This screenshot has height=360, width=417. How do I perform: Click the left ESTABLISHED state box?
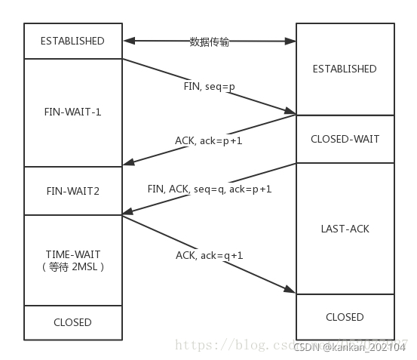[x=72, y=41]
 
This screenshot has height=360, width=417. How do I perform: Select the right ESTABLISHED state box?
[x=344, y=69]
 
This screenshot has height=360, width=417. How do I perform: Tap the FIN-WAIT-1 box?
[x=72, y=112]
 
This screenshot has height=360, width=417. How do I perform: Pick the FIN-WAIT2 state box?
[x=72, y=191]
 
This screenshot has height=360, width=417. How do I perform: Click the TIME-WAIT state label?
[x=72, y=254]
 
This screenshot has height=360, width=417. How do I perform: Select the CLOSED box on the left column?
[x=72, y=322]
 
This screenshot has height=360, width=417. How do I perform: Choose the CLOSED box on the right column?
[x=344, y=317]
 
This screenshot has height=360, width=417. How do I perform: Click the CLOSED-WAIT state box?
[x=344, y=139]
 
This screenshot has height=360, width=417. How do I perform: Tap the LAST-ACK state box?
[x=344, y=228]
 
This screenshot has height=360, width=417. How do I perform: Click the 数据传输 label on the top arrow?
[x=209, y=42]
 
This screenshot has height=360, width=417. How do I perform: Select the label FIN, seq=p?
[x=209, y=87]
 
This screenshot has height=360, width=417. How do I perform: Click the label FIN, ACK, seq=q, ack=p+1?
[x=209, y=189]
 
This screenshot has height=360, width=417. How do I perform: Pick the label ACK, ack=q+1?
[x=209, y=255]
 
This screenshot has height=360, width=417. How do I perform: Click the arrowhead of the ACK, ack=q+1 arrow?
[x=291, y=291]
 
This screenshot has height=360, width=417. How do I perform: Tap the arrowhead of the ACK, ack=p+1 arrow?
[x=127, y=162]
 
